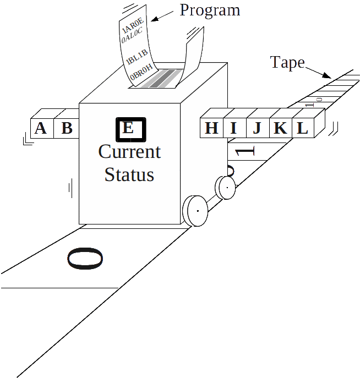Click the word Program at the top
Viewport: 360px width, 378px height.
[210, 10]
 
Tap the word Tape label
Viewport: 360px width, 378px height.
[287, 62]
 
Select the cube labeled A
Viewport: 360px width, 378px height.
[40, 128]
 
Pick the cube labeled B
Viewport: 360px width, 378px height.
[67, 128]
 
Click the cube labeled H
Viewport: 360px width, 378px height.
[211, 128]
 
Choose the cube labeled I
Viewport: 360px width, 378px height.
[233, 128]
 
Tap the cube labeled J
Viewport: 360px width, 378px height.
[257, 128]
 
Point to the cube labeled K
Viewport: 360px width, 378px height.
[280, 128]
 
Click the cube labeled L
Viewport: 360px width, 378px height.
[302, 128]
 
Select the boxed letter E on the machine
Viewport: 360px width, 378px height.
[129, 129]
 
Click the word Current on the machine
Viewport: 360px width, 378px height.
[129, 151]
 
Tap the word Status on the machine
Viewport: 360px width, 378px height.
[129, 174]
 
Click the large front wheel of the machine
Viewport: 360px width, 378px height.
[195, 211]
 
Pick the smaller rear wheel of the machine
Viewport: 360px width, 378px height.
[225, 188]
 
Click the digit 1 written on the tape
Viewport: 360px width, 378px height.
[246, 151]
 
